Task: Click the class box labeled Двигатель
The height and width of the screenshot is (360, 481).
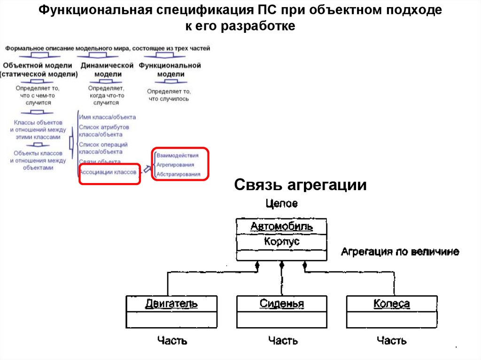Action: pos(171,311)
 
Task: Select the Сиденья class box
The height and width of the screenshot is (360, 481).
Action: pos(281,311)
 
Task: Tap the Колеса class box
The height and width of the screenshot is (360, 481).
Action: pos(391,311)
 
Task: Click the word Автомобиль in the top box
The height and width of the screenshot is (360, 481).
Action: pos(281,227)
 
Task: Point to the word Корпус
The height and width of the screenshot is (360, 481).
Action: pos(281,242)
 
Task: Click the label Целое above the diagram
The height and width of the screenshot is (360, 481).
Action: pos(281,204)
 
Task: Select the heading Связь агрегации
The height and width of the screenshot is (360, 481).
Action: pos(300,185)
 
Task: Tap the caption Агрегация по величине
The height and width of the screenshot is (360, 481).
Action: pos(400,252)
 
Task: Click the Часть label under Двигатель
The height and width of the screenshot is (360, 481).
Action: pos(172,340)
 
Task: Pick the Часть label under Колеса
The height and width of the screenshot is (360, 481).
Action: pos(391,340)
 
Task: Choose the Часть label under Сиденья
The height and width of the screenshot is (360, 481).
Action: pos(283,340)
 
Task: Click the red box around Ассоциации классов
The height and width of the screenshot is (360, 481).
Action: pos(109,174)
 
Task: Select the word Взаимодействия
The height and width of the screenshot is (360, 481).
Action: pos(178,155)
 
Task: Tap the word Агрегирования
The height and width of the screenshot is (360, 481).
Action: pos(175,165)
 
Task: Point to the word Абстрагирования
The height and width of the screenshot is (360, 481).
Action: pos(178,174)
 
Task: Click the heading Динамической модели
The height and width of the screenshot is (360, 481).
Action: pos(107,69)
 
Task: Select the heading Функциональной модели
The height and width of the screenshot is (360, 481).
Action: pos(170,69)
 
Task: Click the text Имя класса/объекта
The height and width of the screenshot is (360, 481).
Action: pos(107,117)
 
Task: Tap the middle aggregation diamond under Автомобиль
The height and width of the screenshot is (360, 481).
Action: pos(282,265)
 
